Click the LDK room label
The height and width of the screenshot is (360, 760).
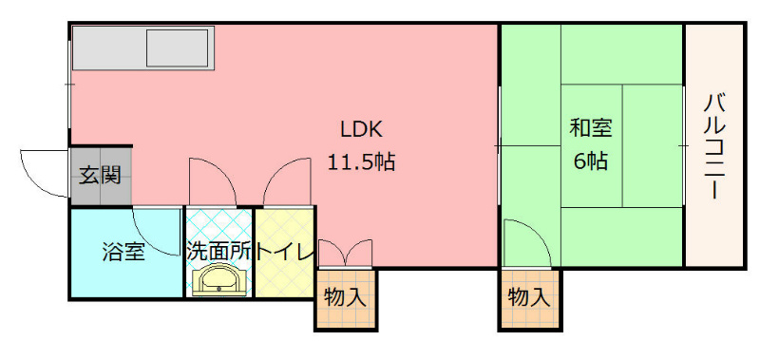[x=361, y=129]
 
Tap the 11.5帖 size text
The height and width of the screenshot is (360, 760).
[x=361, y=161]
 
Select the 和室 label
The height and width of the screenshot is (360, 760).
[x=591, y=127]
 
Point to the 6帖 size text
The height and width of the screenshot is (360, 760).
[x=591, y=160]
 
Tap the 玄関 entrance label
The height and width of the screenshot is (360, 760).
[x=99, y=175]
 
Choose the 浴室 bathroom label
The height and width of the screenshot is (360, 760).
[x=123, y=253]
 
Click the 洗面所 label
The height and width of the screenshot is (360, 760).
[x=218, y=253]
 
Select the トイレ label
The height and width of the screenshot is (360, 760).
[x=285, y=253]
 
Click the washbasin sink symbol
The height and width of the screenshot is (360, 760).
[x=218, y=281]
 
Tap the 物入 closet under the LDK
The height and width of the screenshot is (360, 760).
[x=345, y=296]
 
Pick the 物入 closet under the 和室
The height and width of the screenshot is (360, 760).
[x=529, y=296]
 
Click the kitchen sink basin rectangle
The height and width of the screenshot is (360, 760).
[x=177, y=47]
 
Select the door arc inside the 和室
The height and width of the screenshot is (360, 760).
[x=524, y=242]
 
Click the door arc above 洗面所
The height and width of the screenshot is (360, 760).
[x=208, y=180]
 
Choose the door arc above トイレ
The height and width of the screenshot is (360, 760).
[x=284, y=180]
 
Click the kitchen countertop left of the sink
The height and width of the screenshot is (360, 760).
[x=107, y=47]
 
